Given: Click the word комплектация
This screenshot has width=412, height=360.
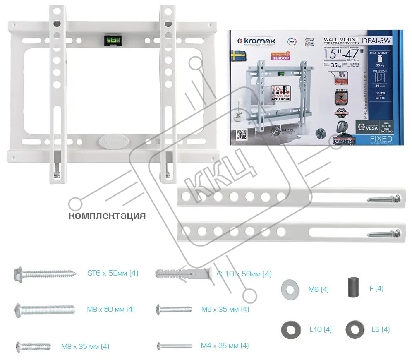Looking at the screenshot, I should [x=107, y=216].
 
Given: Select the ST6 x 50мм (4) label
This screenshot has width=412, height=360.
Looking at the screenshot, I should [x=113, y=273].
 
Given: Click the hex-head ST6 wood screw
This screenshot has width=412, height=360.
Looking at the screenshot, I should [x=46, y=274].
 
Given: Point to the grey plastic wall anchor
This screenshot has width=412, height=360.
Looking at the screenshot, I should [x=184, y=274].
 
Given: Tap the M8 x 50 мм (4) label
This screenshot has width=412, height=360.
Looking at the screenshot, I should [x=110, y=309].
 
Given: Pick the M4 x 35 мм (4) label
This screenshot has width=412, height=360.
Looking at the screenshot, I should [x=225, y=346].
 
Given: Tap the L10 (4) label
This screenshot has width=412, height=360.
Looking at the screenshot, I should [x=321, y=330].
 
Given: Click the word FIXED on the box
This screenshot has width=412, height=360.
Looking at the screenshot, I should [x=381, y=138].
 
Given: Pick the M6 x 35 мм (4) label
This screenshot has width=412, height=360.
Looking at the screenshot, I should [x=225, y=309].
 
